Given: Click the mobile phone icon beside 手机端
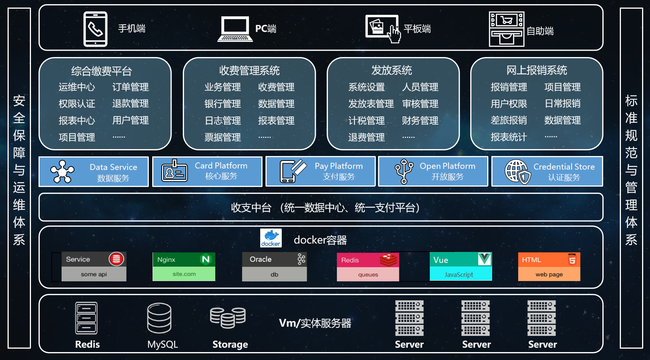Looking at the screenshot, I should coord(95,29).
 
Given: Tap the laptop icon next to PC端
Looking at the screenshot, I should coord(235,29).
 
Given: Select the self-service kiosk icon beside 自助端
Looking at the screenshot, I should coord(506,29).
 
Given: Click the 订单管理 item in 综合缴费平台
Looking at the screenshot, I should coord(130,87).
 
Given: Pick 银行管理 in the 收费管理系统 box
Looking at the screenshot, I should coord(222,104).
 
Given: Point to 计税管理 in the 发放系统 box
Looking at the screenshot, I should coord(366,121).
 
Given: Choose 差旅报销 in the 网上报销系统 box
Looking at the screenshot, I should coord(508,121).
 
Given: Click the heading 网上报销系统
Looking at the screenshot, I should coord(536,70).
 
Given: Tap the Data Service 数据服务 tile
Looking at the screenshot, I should coord(94,172).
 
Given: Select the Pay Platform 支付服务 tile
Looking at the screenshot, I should coord(320,172).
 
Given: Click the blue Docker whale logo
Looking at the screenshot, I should coord(271,238).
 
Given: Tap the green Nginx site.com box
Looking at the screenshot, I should coord(184,267).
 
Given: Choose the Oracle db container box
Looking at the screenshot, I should coord(274,267).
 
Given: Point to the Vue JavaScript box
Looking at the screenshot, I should coord(461,267).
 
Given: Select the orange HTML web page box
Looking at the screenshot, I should coord(549,267).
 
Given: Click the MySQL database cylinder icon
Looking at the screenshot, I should coord(159,318).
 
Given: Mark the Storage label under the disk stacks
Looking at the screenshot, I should coord(230,345).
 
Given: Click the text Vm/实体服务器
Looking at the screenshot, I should coord(315,323).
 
